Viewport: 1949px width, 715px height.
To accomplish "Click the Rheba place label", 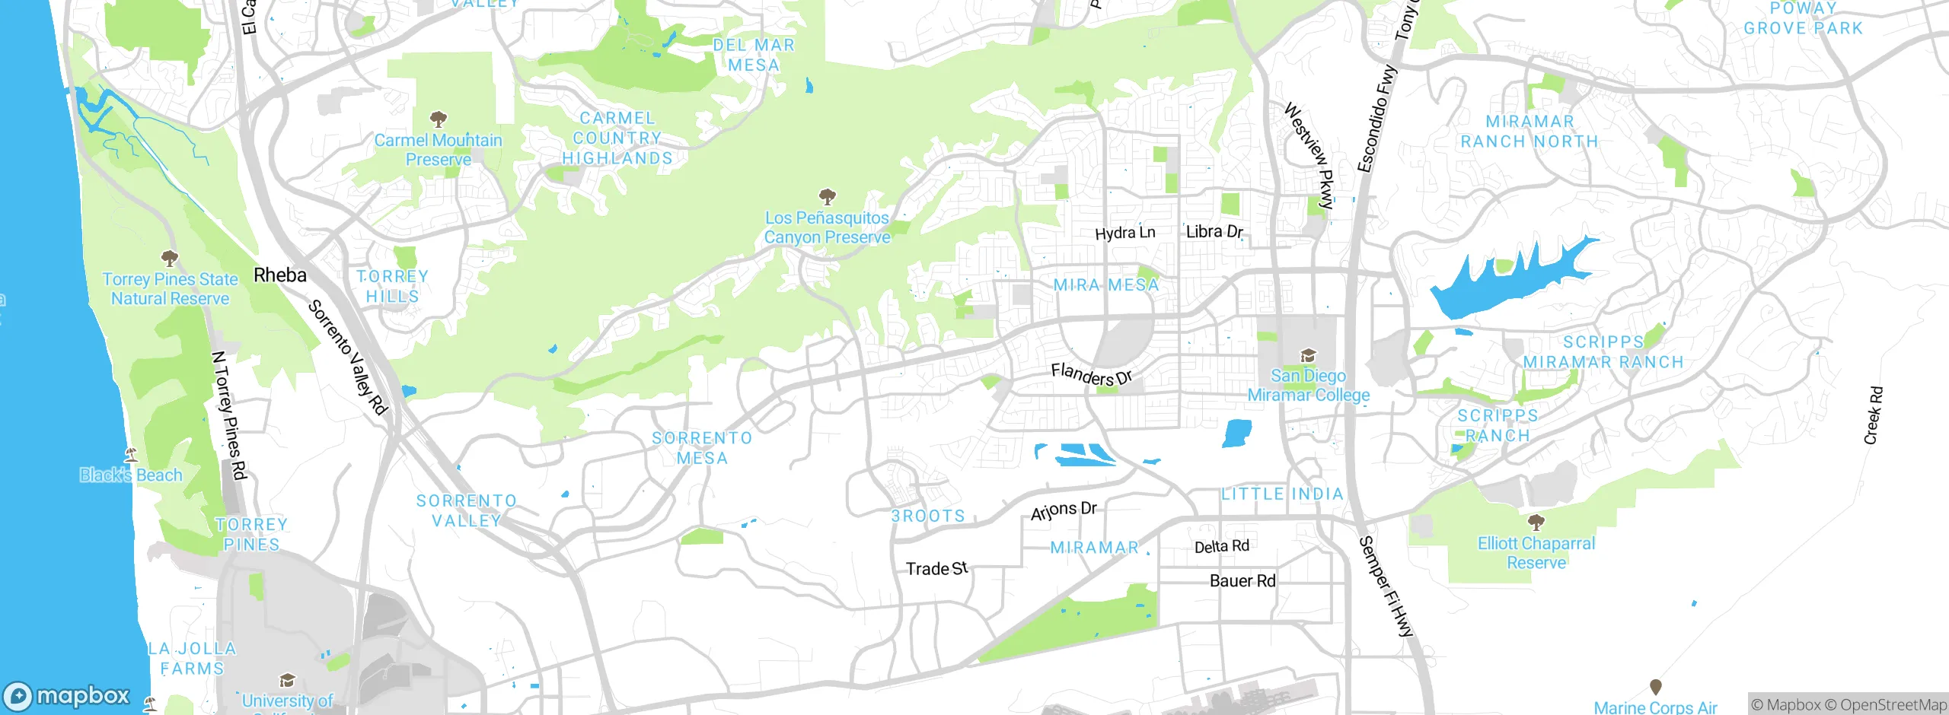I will (280, 275).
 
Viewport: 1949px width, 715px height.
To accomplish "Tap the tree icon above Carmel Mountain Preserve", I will (438, 119).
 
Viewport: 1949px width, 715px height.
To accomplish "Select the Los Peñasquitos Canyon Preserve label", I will (827, 227).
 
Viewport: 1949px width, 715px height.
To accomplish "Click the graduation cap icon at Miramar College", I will (1308, 356).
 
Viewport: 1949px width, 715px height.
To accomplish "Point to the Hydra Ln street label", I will (1124, 233).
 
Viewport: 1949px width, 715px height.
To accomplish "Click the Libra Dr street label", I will (1214, 231).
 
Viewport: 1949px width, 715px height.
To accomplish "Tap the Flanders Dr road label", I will (1091, 374).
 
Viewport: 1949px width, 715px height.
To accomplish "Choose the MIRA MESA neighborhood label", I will (1106, 285).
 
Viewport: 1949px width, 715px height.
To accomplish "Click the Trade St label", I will (936, 568).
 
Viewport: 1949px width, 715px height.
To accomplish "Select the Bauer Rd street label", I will (1242, 581).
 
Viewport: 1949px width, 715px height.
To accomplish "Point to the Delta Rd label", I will (1221, 546).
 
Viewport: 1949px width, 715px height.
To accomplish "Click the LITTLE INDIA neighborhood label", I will (1282, 494).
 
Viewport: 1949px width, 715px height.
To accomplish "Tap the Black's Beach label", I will (132, 475).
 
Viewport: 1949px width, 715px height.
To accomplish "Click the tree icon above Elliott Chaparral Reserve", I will (1536, 523).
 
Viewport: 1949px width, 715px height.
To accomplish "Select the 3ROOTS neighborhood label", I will (928, 516).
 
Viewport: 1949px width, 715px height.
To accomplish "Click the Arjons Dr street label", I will (1063, 510).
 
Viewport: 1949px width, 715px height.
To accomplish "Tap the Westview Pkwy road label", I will (1309, 156).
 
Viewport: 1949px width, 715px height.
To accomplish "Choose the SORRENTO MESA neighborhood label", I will (702, 448).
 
